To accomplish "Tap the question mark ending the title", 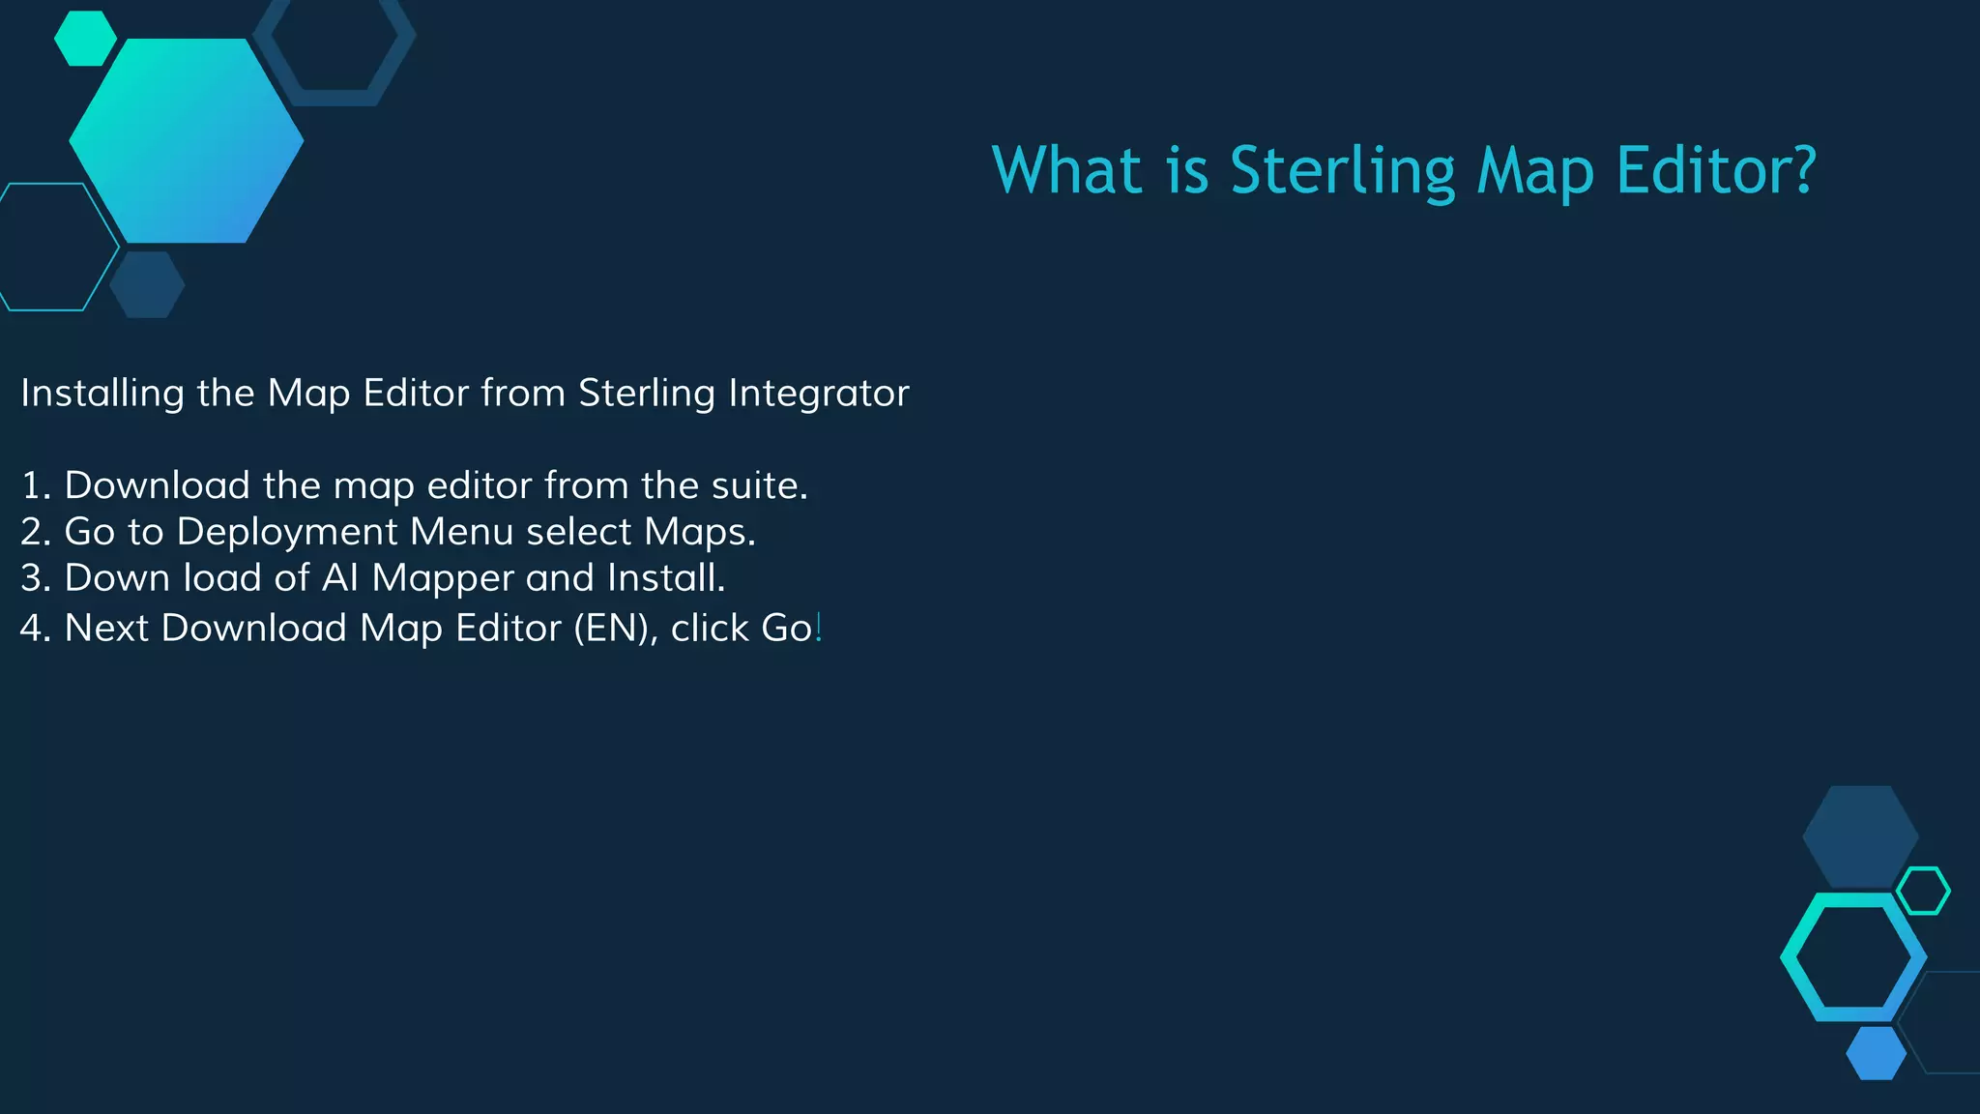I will [x=1801, y=170].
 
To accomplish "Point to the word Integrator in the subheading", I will [x=818, y=394].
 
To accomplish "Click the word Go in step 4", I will [x=786, y=629].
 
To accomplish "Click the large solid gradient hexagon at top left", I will [x=187, y=141].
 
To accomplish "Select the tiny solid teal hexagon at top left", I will [x=85, y=39].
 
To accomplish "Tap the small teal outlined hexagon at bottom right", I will [x=1923, y=891].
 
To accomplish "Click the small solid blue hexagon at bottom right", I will [x=1876, y=1053].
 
